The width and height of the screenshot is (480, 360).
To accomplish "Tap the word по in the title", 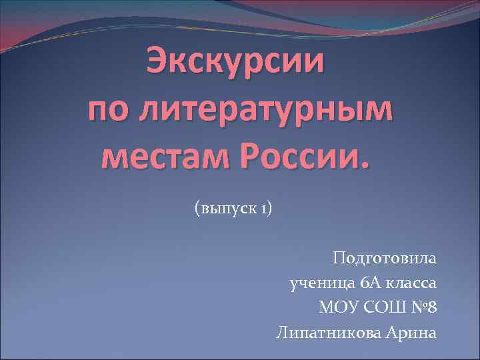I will (x=109, y=109).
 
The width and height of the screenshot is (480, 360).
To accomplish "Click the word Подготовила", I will (x=385, y=258).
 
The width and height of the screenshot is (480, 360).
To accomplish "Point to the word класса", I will (x=413, y=283).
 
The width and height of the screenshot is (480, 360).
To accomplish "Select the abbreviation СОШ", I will (x=385, y=308).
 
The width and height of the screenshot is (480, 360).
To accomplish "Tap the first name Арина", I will (x=410, y=333).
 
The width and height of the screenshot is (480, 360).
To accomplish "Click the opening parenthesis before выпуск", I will (x=196, y=210).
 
